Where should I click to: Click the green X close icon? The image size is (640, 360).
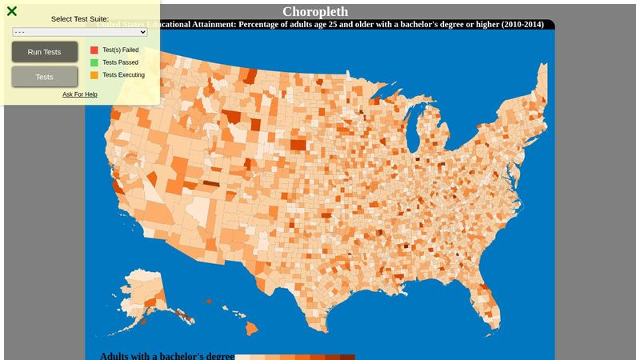12,11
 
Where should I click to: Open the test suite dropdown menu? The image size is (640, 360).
80,32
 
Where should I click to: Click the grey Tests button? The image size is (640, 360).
45,77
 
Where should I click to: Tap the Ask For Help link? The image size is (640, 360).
80,94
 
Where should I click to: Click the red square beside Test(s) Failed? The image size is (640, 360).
94,50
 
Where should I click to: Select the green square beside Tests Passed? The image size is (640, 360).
94,62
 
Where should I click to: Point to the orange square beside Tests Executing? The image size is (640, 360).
94,75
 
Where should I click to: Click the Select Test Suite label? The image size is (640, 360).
80,18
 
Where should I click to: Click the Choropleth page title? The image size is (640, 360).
315,11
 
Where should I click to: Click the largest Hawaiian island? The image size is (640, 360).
250,328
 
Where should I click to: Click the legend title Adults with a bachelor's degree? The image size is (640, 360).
166,356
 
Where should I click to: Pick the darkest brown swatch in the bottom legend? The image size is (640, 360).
347,357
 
